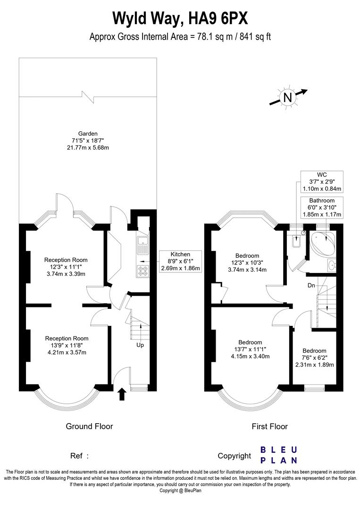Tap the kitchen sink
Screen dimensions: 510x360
point(142,245)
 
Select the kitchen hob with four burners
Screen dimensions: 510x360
point(142,270)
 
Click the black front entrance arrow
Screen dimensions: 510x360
point(122,394)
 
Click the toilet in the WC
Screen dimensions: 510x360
point(296,242)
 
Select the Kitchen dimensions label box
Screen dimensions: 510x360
point(181,261)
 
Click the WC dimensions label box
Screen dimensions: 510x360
point(322,182)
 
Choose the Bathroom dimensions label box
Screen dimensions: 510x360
point(322,208)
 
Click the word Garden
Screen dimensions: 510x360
point(88,134)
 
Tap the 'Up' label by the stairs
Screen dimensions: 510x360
point(140,345)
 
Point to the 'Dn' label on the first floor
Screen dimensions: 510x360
point(311,285)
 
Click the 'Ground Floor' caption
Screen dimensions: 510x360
point(89,426)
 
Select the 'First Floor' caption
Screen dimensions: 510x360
point(269,426)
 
